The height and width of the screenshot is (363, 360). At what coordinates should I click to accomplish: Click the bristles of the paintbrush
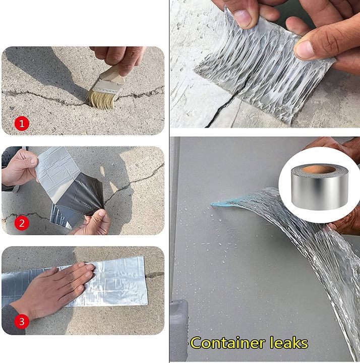pyautogui.click(x=99, y=98)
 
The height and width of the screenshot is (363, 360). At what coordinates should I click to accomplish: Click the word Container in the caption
pyautogui.click(x=230, y=343)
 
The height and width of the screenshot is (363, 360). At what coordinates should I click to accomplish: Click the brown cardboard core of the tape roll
pyautogui.click(x=319, y=169)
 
